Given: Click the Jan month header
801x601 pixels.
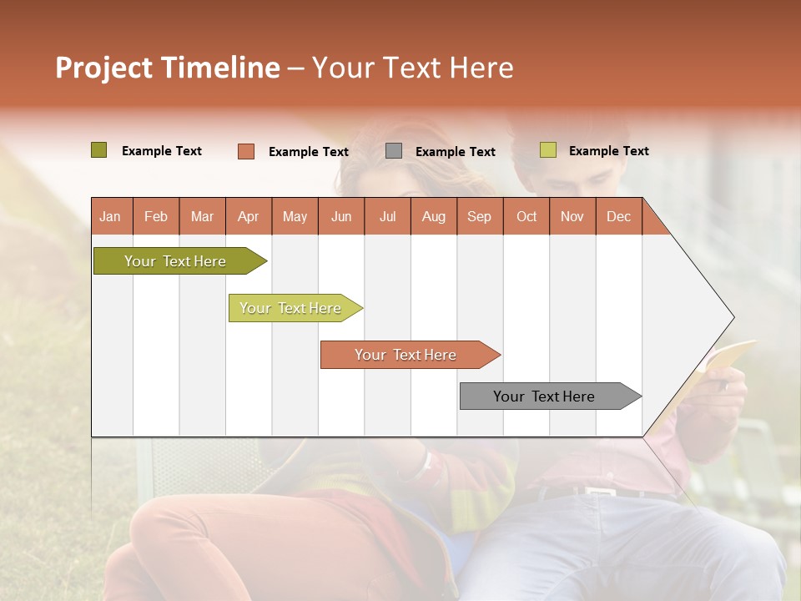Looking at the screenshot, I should [x=110, y=216].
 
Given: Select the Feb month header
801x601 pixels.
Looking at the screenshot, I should [x=156, y=216].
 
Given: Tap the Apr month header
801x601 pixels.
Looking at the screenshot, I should [x=248, y=216].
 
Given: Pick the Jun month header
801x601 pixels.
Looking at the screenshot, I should [x=341, y=216].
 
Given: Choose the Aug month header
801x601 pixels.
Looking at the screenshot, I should [x=433, y=216].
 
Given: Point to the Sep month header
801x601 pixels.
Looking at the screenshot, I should [x=479, y=216].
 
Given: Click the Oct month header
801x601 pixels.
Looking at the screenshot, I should [x=526, y=216].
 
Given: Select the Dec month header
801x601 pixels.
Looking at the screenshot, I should [x=618, y=216].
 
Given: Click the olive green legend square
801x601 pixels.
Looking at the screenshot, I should [x=99, y=150].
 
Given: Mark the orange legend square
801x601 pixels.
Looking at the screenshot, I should [x=246, y=151].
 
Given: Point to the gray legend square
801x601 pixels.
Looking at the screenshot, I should [x=394, y=151].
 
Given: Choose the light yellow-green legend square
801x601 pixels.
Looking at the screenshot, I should [x=548, y=150].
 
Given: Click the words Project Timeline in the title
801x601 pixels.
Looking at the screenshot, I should [x=168, y=68].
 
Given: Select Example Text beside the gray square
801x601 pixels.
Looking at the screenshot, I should [x=455, y=152].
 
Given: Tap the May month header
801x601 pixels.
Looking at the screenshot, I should [x=295, y=216].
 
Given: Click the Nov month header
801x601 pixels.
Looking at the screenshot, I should [x=572, y=216].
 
